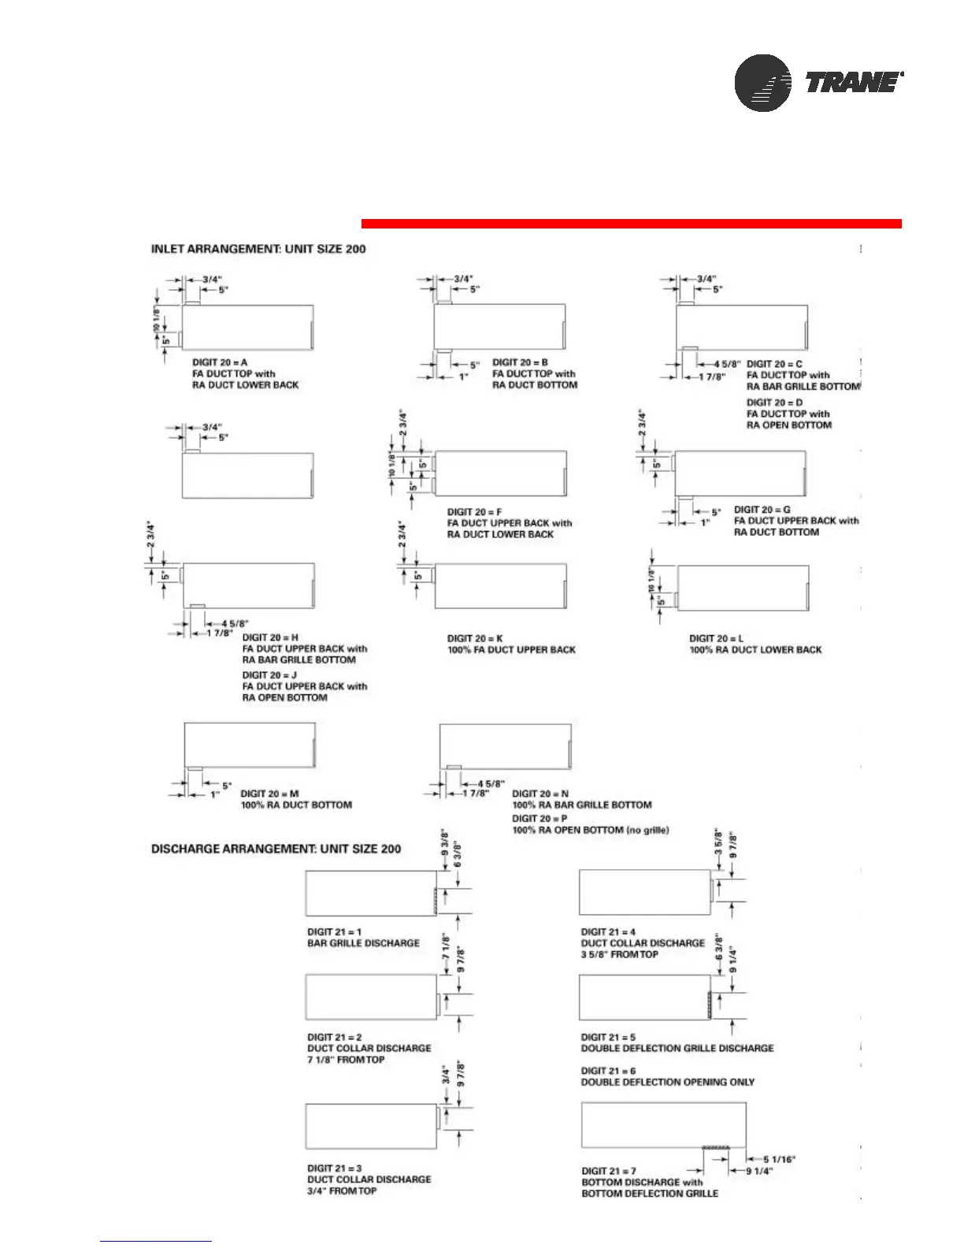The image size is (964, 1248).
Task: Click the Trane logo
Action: coord(819,83)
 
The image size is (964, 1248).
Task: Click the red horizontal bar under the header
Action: coord(631,224)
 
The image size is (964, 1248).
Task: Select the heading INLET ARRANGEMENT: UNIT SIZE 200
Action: coord(258,249)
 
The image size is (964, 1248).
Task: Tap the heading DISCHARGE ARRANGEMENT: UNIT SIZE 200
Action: coord(276,849)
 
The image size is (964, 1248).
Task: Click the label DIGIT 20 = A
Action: coord(220,362)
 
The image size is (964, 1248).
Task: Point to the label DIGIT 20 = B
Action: coord(520,362)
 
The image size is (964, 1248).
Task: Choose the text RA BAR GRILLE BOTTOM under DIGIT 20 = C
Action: coord(803,386)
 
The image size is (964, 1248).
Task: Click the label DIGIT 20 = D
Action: coord(775,403)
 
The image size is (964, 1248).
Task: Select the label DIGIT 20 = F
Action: coord(474,512)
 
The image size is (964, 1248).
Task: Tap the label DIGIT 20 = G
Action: coord(762,510)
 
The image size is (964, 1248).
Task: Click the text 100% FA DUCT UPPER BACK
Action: coord(511,650)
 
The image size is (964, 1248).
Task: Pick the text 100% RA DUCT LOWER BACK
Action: coord(755,650)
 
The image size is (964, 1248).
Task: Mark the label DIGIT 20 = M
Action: coord(269,793)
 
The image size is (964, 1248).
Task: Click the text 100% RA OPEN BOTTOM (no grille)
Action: coord(591,830)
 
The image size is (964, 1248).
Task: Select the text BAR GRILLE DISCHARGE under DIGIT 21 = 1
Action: coord(363,943)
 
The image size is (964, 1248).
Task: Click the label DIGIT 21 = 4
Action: coord(608,932)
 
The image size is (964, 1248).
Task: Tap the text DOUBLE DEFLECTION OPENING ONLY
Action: coord(668,1082)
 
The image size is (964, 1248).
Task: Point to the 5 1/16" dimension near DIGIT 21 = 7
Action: coord(780,1159)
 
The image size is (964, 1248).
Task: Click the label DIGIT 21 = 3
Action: coord(335,1168)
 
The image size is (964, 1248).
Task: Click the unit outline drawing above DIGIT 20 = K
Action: coord(501,586)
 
